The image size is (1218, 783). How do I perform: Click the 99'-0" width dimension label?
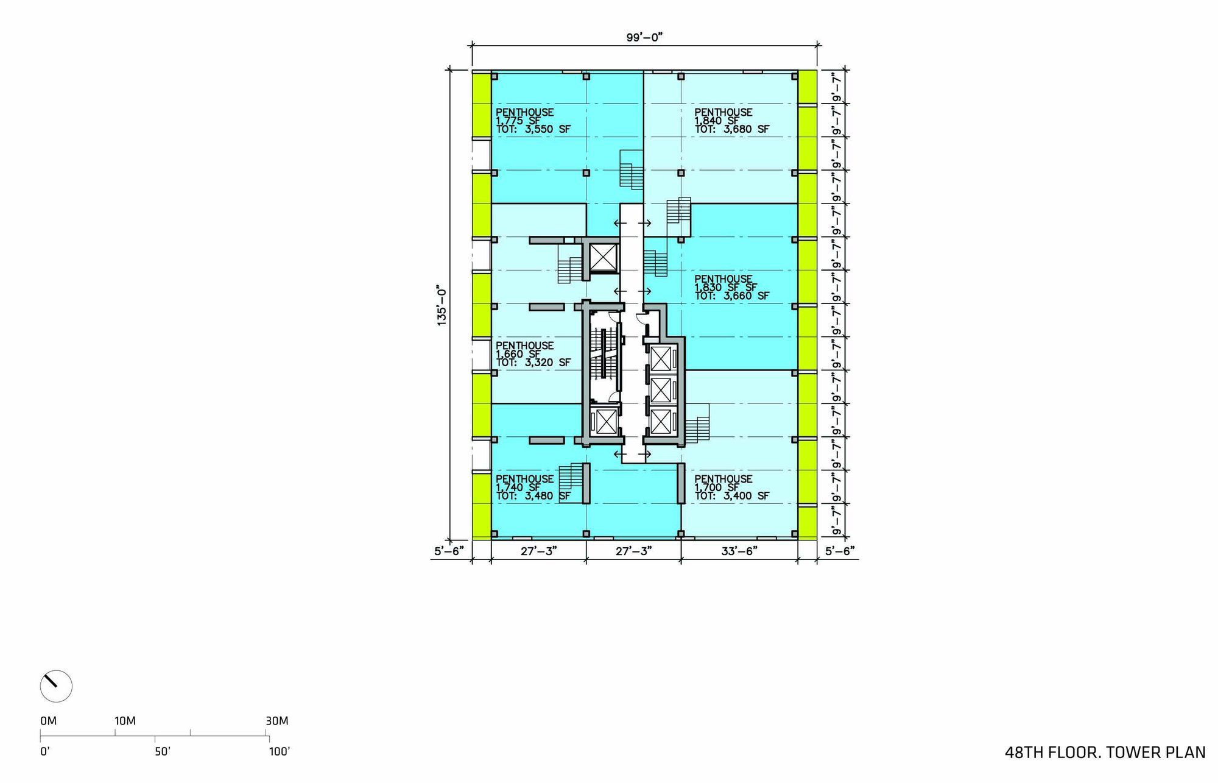(644, 37)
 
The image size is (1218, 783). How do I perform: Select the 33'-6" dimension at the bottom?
(739, 551)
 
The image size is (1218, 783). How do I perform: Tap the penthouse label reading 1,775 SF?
(518, 121)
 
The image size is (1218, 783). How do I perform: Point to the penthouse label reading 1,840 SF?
(717, 121)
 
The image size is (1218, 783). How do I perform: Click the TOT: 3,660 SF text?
(732, 296)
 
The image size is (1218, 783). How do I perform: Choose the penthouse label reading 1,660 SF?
(518, 354)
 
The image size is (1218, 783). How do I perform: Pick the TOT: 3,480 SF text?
(533, 496)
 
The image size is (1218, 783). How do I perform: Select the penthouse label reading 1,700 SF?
(717, 487)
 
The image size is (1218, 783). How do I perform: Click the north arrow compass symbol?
(56, 686)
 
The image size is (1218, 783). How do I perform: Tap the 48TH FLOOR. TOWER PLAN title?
(1105, 753)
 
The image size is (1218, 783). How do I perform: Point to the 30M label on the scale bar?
(277, 721)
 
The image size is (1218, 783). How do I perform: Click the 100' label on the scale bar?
(280, 752)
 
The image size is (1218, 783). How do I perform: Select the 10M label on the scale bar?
(125, 721)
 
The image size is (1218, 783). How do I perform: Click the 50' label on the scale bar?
(163, 752)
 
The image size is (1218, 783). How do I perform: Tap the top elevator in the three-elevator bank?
(661, 358)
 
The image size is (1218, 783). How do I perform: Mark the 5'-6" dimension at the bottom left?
(449, 551)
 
